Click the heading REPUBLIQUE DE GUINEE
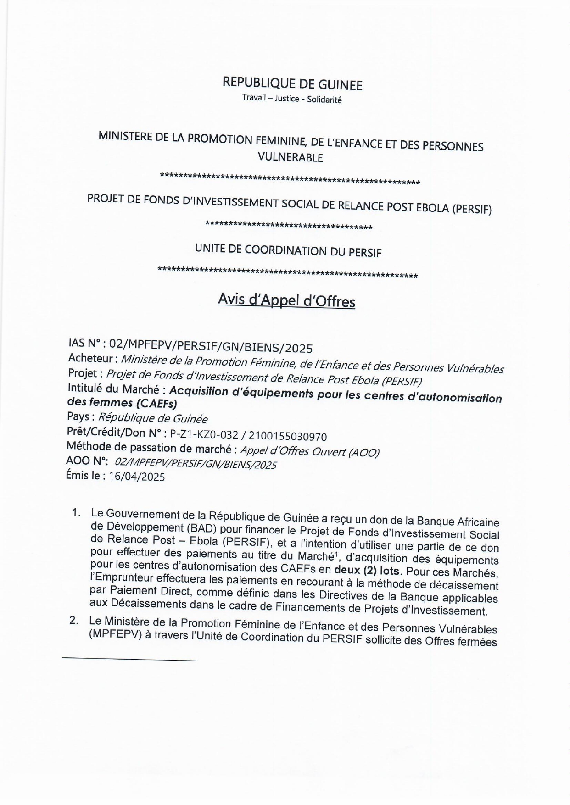point(292,84)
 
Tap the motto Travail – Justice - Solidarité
point(292,99)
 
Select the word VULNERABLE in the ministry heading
point(290,157)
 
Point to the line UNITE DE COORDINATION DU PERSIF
point(288,251)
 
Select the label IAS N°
point(84,343)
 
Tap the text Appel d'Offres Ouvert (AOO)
point(310,452)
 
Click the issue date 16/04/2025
point(136,477)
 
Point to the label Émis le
point(84,475)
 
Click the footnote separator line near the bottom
point(129,660)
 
